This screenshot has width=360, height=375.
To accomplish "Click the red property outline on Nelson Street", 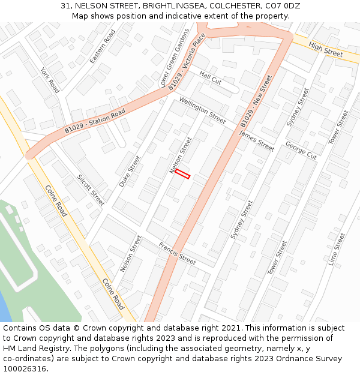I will [182, 173].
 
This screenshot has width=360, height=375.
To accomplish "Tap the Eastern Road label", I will [101, 47].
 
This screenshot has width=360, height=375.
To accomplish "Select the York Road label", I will [50, 80].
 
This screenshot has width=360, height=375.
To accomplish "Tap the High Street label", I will [325, 49].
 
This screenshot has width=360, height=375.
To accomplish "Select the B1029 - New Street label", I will [256, 101].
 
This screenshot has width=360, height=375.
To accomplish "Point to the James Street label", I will [256, 142].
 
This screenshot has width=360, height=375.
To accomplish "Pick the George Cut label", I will [301, 150].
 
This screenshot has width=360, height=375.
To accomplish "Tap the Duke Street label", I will [129, 171].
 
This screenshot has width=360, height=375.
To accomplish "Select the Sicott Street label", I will [91, 190].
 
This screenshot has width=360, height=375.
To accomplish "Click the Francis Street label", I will [177, 254].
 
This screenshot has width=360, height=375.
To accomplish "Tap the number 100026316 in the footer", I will [25, 368].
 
